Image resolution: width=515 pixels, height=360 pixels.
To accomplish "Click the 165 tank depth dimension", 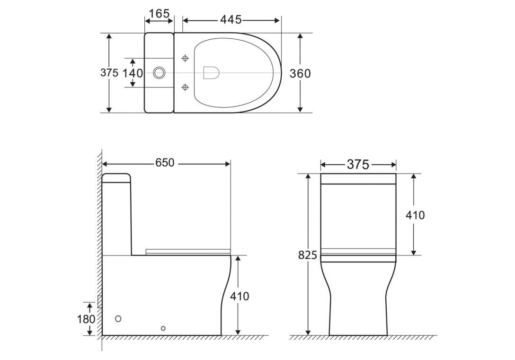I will (159, 14).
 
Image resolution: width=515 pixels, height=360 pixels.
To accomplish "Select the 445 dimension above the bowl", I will (231, 20).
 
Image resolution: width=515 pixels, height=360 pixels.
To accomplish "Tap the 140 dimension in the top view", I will (133, 73).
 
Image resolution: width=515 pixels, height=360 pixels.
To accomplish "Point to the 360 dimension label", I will (300, 73).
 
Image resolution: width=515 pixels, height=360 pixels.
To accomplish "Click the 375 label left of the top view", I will (109, 73).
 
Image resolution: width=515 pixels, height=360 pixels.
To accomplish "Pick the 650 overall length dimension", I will (165, 163).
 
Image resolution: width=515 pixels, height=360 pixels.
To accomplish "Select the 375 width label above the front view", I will (358, 164).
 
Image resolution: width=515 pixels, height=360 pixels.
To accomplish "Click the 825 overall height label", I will (308, 255).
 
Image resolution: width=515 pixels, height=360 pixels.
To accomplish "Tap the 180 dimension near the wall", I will (86, 319).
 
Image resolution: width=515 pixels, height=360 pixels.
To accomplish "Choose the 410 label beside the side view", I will (240, 297).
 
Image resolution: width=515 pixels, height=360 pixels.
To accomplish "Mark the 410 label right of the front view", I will (415, 215).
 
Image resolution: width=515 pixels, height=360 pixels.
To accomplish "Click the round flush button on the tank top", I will (160, 73).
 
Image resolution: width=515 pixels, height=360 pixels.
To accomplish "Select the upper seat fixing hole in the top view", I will (186, 58).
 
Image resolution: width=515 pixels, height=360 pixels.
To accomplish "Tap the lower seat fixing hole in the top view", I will (186, 87).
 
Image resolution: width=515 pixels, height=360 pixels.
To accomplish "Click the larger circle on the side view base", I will (118, 319).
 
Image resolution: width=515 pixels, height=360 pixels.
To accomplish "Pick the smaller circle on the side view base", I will (163, 328).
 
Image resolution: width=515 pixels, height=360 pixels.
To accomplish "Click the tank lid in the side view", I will (116, 178).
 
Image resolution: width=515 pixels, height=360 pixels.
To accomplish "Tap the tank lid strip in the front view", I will (358, 179).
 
